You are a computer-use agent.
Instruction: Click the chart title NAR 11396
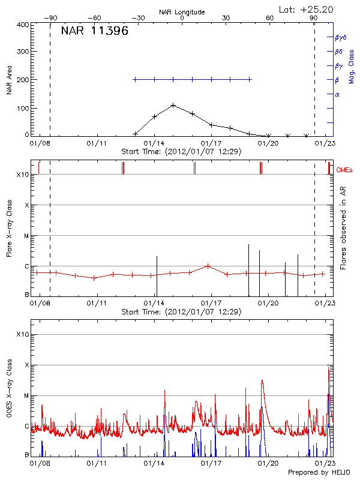click(x=94, y=31)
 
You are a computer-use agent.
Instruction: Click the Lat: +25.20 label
click(x=307, y=9)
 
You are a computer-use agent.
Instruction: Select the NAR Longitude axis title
click(x=182, y=12)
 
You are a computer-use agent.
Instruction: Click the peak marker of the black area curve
click(x=173, y=105)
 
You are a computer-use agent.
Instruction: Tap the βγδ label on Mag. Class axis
click(x=341, y=37)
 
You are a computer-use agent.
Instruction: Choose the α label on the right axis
click(x=337, y=94)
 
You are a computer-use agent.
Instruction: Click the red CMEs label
click(x=344, y=171)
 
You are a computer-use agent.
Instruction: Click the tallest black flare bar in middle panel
click(x=248, y=269)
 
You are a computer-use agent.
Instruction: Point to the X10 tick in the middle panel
click(x=23, y=175)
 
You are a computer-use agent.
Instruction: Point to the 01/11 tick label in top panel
click(x=97, y=143)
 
